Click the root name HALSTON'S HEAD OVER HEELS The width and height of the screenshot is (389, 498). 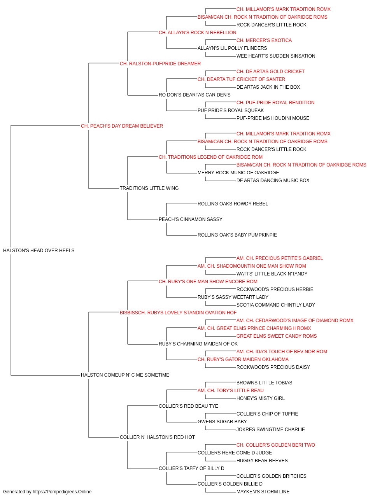click(39, 250)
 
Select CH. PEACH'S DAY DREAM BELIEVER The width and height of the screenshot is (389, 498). click(122, 126)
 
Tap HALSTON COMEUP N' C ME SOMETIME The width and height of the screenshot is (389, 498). click(125, 375)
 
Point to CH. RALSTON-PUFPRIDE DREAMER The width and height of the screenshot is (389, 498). click(160, 63)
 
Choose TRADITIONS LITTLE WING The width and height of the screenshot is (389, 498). click(149, 188)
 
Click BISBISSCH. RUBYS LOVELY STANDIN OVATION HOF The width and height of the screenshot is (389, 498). click(178, 312)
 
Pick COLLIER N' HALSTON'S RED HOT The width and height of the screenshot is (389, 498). click(157, 437)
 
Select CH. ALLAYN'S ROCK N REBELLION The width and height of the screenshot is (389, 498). click(198, 33)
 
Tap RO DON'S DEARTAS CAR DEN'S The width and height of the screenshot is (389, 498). click(194, 95)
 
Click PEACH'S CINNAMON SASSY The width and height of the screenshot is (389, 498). click(190, 219)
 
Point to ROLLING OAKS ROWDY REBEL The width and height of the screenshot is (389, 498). click(233, 204)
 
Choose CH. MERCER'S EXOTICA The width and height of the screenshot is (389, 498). click(264, 40)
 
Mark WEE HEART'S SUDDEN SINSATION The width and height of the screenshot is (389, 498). click(276, 56)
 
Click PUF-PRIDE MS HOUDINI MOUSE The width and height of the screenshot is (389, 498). click(273, 118)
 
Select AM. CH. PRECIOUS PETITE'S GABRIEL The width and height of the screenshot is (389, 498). click(280, 258)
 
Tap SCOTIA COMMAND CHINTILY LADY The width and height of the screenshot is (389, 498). click(276, 305)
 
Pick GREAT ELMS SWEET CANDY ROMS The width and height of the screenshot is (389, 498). click(277, 336)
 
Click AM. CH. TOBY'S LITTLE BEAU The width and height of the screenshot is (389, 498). click(230, 390)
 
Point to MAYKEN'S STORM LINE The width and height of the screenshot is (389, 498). click(263, 492)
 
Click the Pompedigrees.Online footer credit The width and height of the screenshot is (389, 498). click(47, 492)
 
